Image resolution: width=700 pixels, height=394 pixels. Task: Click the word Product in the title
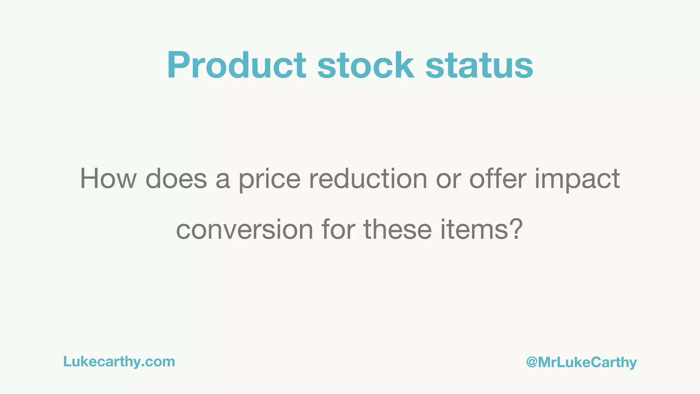[x=236, y=65]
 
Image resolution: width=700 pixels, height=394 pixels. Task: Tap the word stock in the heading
[x=365, y=65]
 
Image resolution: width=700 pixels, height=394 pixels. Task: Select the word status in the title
[x=479, y=65]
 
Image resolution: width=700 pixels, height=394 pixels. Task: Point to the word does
[x=176, y=179]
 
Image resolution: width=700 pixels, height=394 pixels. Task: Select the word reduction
[x=368, y=179]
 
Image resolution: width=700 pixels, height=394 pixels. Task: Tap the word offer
[x=497, y=179]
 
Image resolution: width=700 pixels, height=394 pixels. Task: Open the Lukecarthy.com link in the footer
[x=119, y=362]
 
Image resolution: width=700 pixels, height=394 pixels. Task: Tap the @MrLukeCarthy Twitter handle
[x=581, y=362]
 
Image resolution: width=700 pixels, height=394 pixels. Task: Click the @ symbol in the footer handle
[x=532, y=362]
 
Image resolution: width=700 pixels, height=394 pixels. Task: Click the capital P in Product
[x=179, y=65]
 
